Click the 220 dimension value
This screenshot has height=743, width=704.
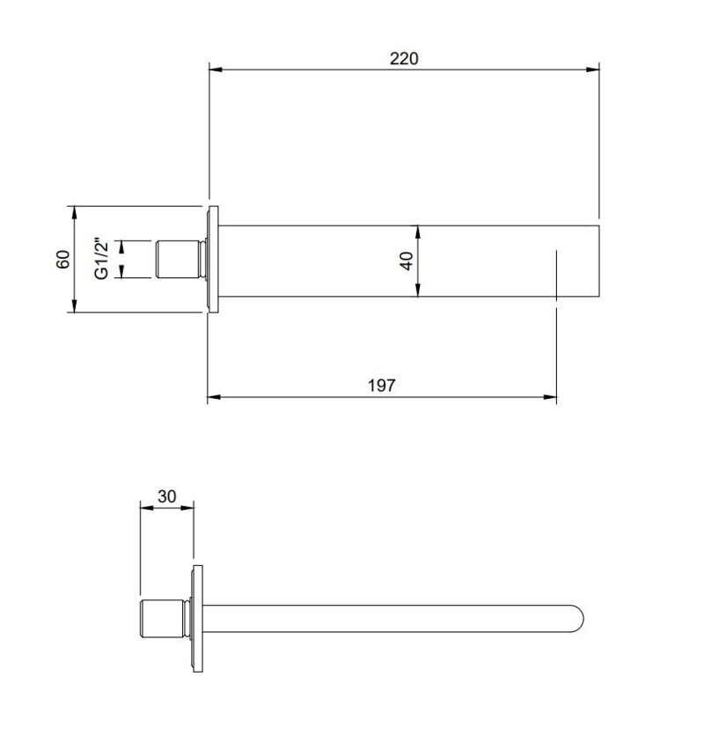[404, 58]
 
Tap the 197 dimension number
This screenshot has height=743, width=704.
[381, 386]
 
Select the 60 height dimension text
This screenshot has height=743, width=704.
[63, 259]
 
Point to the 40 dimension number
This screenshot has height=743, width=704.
[407, 261]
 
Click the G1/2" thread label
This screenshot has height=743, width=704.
[102, 258]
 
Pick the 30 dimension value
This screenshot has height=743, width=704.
[167, 497]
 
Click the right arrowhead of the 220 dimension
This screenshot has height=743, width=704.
[592, 70]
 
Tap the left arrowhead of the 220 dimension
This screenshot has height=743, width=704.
[216, 70]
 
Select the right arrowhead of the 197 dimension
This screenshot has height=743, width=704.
[549, 397]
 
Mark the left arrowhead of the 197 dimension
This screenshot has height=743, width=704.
[215, 397]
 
